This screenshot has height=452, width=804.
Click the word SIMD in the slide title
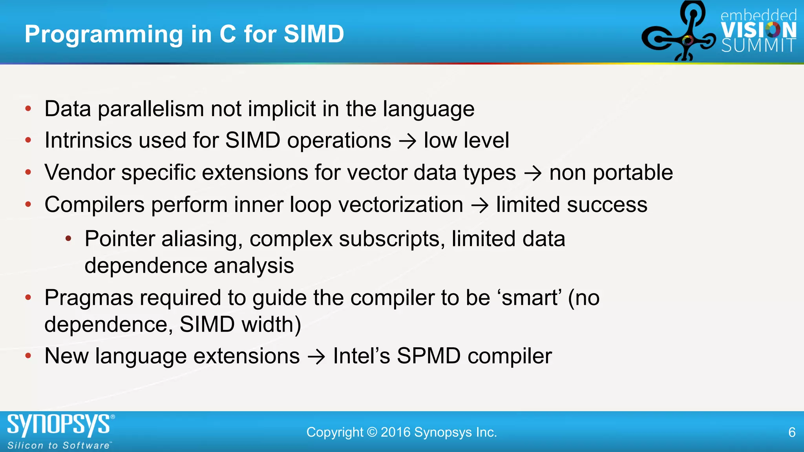(314, 34)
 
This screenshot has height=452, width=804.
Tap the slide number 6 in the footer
(792, 432)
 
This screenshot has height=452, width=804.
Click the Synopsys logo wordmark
(59, 425)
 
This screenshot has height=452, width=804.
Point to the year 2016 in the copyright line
(396, 432)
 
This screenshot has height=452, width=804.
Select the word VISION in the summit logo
(758, 30)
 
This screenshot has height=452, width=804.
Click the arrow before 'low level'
(407, 141)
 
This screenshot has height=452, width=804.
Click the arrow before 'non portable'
(533, 173)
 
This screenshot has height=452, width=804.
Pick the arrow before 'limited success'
(479, 205)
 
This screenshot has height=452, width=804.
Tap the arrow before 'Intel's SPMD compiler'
(316, 357)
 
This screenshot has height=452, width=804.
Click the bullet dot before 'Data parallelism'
(28, 109)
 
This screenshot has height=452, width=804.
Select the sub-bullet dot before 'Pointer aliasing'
(68, 239)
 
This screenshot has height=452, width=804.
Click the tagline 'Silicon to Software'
(59, 445)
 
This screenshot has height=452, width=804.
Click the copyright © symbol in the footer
(372, 432)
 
